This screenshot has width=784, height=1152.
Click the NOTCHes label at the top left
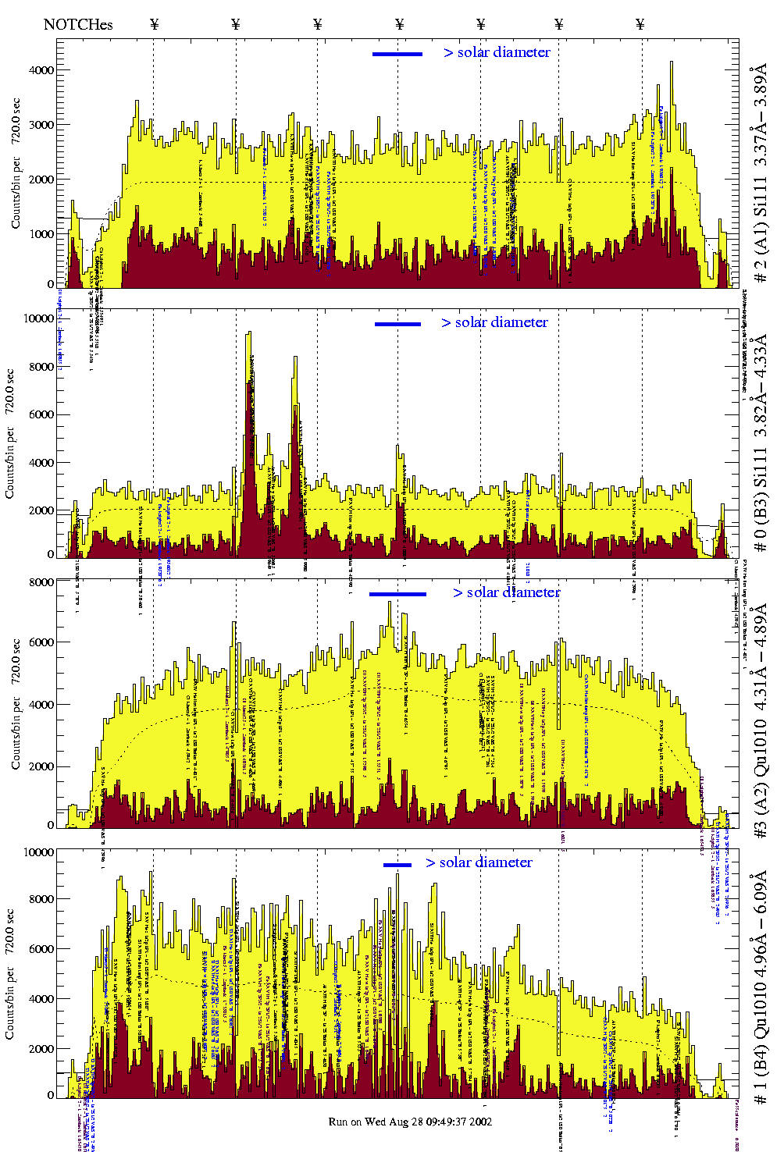pyautogui.click(x=78, y=24)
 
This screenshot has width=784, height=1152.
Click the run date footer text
pyautogui.click(x=410, y=1122)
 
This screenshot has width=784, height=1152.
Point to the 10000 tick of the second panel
pyautogui.click(x=40, y=318)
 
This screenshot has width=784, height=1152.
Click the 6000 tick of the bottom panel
pyautogui.click(x=40, y=949)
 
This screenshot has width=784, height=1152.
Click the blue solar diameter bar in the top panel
pyautogui.click(x=397, y=54)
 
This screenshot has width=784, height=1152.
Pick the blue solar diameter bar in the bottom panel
pyautogui.click(x=397, y=865)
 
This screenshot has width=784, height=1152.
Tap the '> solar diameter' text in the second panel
pyautogui.click(x=494, y=322)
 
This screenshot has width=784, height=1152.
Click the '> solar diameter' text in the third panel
pyautogui.click(x=506, y=592)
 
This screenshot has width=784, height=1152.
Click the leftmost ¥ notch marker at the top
pyautogui.click(x=154, y=24)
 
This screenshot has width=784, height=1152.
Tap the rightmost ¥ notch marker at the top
pyautogui.click(x=640, y=24)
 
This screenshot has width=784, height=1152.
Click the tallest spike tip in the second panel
pyautogui.click(x=249, y=332)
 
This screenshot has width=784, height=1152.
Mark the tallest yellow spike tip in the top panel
pyautogui.click(x=672, y=62)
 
